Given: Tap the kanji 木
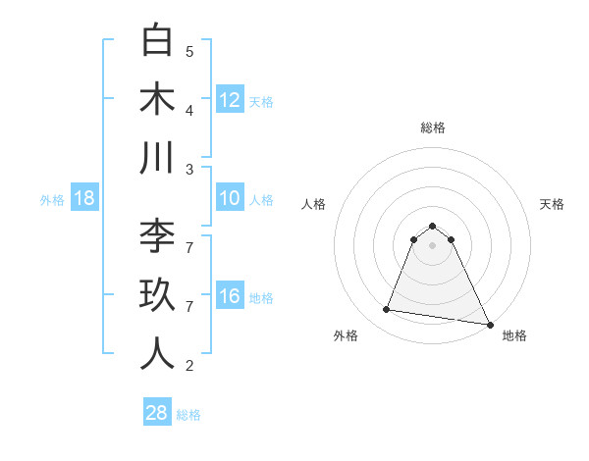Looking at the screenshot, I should [157, 99].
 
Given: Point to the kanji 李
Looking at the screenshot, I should [157, 237].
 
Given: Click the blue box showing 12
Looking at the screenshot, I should [230, 100].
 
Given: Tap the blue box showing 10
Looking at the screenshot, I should [230, 199].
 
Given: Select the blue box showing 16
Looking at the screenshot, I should [230, 296].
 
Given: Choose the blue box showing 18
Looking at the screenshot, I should [84, 199].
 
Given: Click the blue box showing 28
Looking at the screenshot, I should [157, 413].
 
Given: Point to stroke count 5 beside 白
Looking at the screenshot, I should [189, 51].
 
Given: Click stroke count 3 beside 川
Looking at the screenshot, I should [189, 169].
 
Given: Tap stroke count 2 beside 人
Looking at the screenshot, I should [189, 366].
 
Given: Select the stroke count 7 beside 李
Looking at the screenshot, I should [189, 247].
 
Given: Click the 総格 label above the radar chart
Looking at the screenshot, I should [432, 128].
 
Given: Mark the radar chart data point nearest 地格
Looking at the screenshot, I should [488, 324].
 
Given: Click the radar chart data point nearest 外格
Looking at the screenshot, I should [387, 310].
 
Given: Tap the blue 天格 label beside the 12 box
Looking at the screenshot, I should [261, 101].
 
